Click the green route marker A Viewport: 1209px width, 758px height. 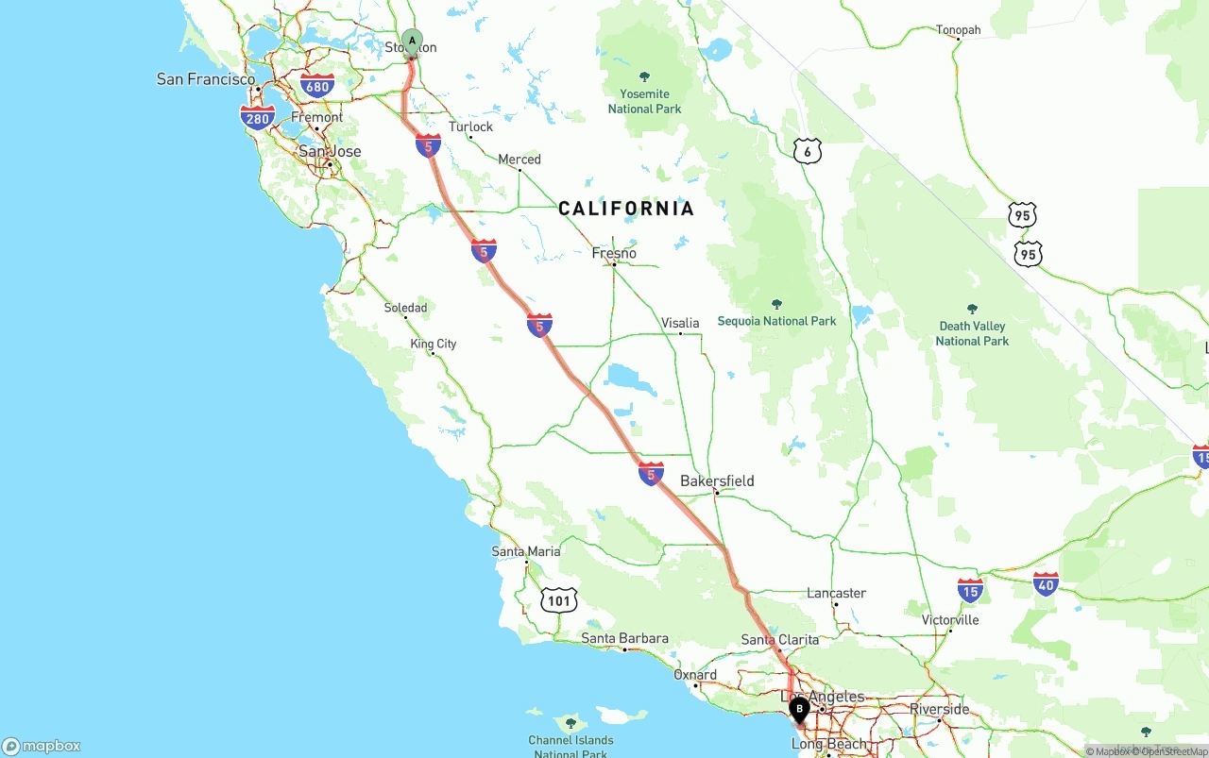click(x=412, y=41)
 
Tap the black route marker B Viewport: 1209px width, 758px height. click(x=799, y=709)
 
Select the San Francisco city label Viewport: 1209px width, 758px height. click(x=206, y=79)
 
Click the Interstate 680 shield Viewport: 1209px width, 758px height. click(x=317, y=87)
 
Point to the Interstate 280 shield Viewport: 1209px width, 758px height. click(x=257, y=117)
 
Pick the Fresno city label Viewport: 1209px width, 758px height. click(x=614, y=253)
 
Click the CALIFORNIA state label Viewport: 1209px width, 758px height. click(x=626, y=209)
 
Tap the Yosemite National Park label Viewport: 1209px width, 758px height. click(x=644, y=101)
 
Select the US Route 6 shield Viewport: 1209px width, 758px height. click(x=807, y=151)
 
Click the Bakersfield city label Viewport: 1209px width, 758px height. click(x=717, y=481)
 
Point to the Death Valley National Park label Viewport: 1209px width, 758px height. click(x=972, y=333)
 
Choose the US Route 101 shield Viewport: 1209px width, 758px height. click(x=559, y=599)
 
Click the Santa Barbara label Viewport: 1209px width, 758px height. click(x=624, y=639)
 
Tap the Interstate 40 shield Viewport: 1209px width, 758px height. click(x=1046, y=583)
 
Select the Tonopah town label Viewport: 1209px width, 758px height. click(x=958, y=30)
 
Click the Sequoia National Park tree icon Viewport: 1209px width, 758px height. click(x=776, y=305)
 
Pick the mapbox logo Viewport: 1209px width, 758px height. click(x=42, y=746)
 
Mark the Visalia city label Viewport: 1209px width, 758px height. click(x=680, y=323)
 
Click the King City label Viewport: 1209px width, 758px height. click(x=434, y=344)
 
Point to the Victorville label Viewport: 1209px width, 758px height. click(x=950, y=620)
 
